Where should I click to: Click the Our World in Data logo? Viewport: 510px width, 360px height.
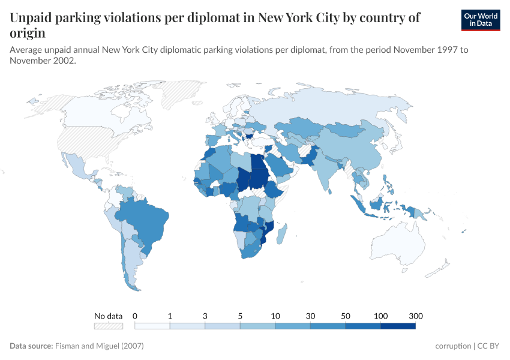tap(481, 20)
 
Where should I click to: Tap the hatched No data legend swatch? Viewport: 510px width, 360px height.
tap(108, 326)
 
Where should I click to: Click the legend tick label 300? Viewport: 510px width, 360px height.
tap(416, 316)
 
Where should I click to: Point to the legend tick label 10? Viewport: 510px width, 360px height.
tap(275, 316)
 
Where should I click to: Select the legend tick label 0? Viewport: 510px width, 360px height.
tap(135, 316)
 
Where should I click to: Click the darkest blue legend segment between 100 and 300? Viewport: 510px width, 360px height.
tap(398, 326)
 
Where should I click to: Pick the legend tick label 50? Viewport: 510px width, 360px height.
tap(346, 316)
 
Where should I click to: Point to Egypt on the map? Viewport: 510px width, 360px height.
tap(257, 163)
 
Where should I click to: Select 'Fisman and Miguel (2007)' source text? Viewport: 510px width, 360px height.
tap(100, 346)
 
